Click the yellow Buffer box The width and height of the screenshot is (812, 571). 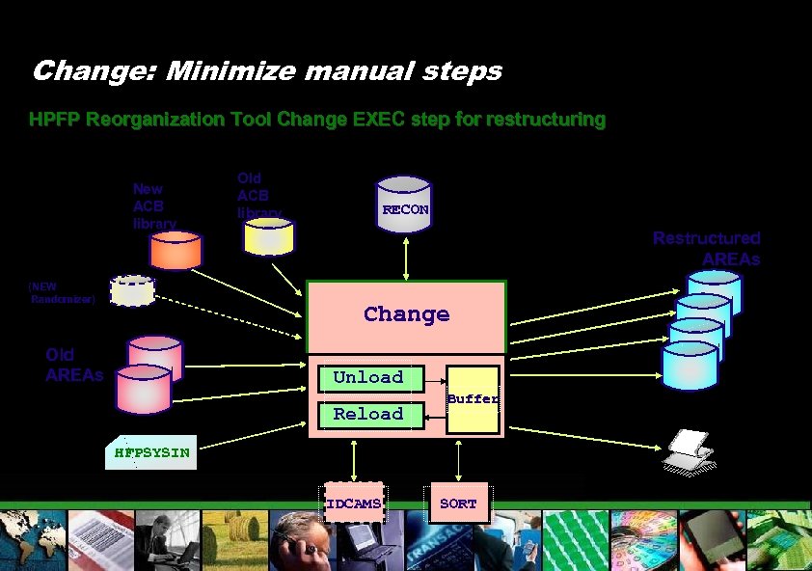tap(474, 398)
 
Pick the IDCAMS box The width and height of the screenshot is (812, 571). tap(353, 503)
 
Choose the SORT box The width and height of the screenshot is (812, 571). tap(458, 503)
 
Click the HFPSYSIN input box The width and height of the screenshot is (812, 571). tap(151, 451)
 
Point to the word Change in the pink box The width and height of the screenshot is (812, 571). tap(406, 314)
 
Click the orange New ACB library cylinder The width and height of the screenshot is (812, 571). tap(175, 249)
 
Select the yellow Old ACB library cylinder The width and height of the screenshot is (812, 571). tap(267, 235)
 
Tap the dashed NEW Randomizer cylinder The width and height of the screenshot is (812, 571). tap(132, 289)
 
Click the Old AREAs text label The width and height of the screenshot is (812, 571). tap(72, 364)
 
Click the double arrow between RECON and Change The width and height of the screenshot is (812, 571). tap(406, 256)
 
